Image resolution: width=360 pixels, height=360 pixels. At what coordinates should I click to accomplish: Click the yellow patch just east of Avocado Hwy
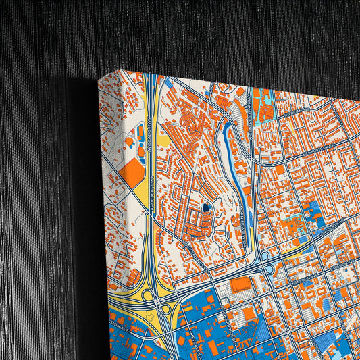click(164, 141)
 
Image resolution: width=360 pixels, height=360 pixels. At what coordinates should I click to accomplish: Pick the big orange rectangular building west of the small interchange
click(240, 284)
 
